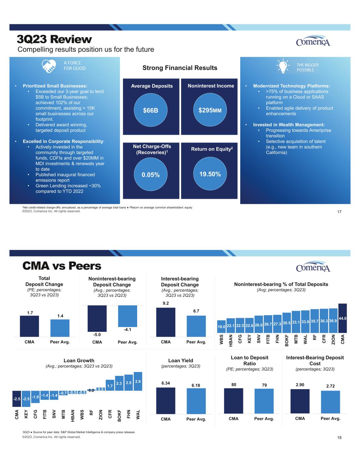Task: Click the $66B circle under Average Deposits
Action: tap(150, 110)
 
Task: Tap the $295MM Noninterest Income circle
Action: tap(210, 110)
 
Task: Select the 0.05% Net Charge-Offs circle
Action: tap(150, 174)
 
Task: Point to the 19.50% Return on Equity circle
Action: tap(210, 174)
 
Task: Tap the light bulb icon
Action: tap(283, 66)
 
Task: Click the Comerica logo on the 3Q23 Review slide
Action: tap(313, 41)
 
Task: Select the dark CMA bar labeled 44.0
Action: tap(343, 318)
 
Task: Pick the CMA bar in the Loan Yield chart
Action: tap(165, 400)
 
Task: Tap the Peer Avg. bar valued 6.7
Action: tap(196, 326)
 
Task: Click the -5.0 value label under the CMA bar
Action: tap(97, 335)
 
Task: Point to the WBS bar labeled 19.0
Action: tap(221, 327)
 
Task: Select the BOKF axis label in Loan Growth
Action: tap(119, 415)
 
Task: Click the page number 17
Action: tap(339, 212)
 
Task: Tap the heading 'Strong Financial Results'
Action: tap(180, 68)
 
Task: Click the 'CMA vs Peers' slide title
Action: tap(62, 266)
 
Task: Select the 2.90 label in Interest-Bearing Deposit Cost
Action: tap(300, 385)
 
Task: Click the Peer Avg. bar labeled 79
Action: tap(264, 401)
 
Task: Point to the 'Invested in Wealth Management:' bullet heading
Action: tap(289, 125)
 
